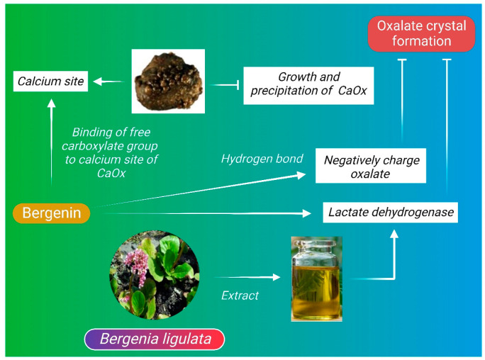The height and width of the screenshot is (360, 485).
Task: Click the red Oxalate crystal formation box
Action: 421,34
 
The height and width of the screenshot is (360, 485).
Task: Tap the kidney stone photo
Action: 168,81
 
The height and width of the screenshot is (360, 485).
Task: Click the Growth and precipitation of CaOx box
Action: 308,84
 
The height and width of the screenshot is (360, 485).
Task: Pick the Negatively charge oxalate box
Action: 371,167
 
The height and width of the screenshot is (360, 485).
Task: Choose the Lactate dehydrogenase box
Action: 390,212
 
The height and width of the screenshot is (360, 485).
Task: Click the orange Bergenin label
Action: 52,213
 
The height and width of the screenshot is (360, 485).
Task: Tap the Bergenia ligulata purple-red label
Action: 155,339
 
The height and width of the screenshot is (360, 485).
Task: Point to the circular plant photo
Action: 154,274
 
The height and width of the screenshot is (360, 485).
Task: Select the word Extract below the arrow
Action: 240,295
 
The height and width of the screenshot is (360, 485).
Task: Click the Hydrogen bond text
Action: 262,159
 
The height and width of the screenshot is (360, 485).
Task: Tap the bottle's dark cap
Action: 316,244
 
